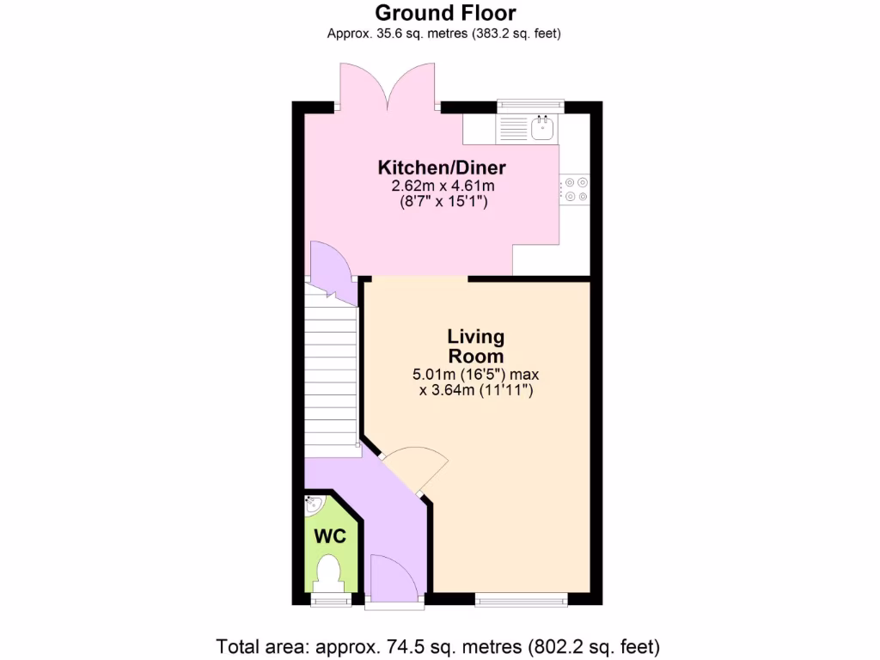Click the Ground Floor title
click(x=445, y=13)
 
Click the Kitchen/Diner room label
click(x=443, y=167)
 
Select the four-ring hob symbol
click(x=575, y=189)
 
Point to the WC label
click(x=330, y=536)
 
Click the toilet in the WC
click(x=329, y=571)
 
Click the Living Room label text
click(x=475, y=345)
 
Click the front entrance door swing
click(x=392, y=576)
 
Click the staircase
click(x=331, y=370)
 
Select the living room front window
click(x=521, y=600)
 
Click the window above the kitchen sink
click(x=530, y=106)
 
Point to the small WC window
click(x=330, y=600)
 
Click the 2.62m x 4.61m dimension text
click(x=443, y=186)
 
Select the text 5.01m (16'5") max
click(x=475, y=375)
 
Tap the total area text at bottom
click(x=437, y=645)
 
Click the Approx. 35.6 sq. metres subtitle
click(x=444, y=34)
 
